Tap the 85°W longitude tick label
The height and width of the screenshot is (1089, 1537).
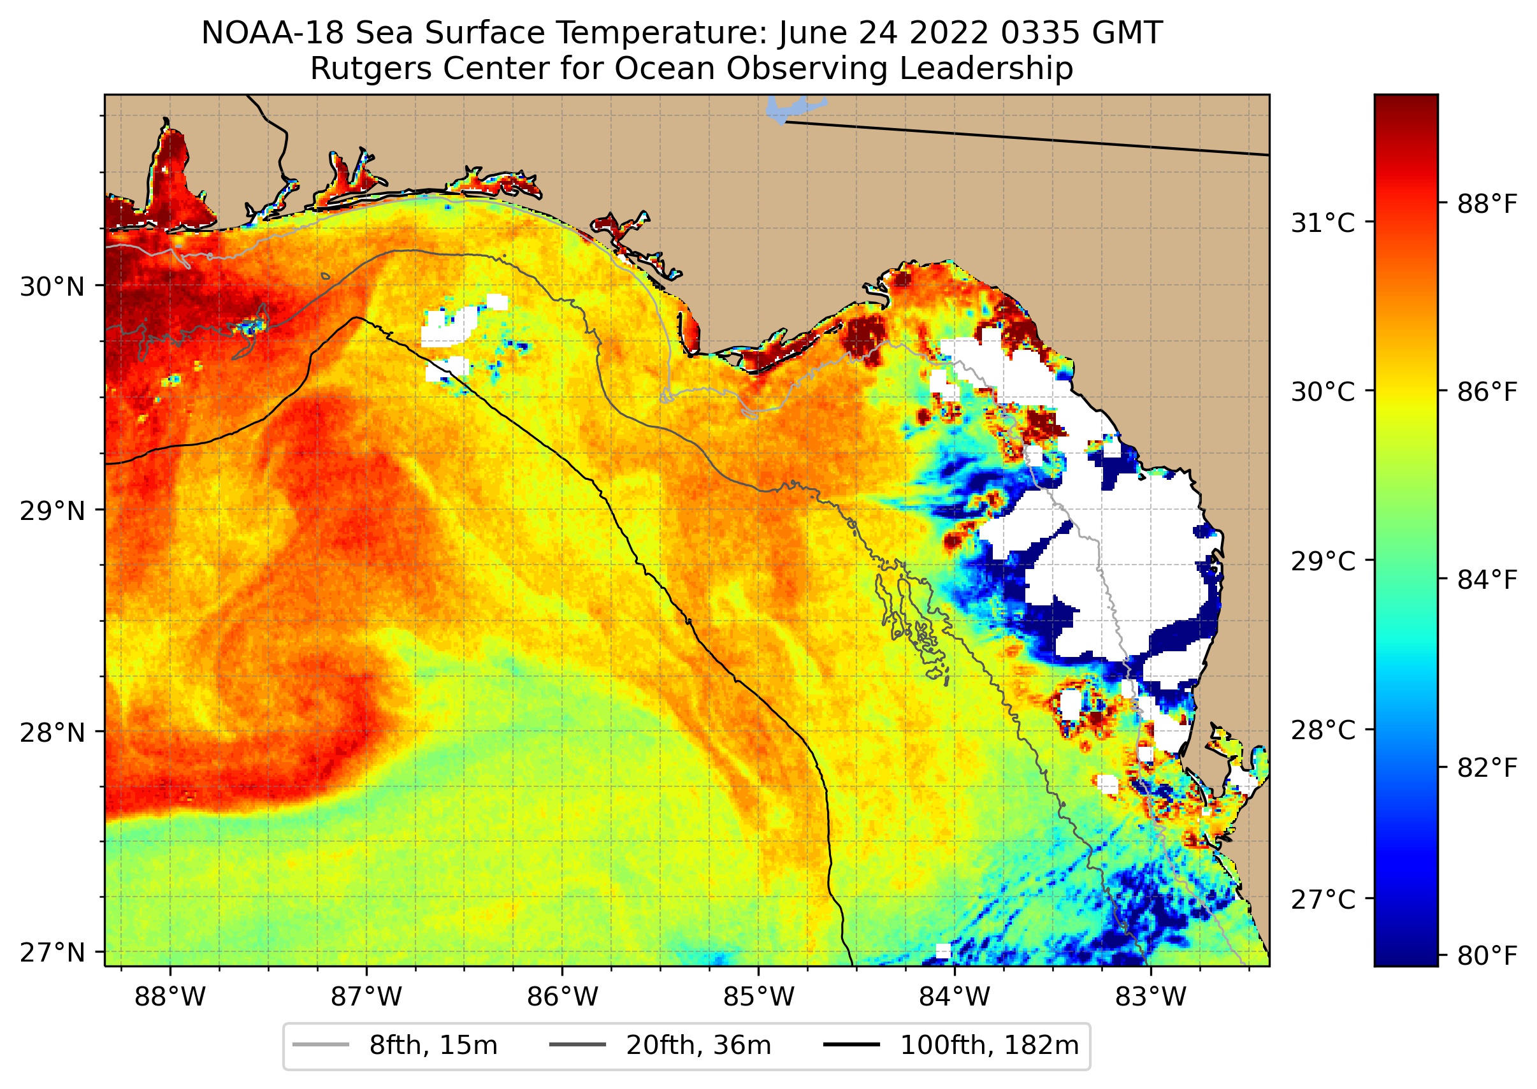click(758, 997)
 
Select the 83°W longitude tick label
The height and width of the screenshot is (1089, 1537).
click(1151, 997)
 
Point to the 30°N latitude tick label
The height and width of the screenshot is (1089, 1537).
click(52, 287)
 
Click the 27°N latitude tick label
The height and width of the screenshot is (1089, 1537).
click(52, 952)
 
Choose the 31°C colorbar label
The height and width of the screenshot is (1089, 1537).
click(1323, 223)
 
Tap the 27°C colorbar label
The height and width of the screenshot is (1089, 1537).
click(1323, 900)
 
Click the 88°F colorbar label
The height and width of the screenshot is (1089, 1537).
click(1487, 204)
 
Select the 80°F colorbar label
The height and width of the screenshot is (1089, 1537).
click(1487, 956)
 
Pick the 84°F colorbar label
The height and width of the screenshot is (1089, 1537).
click(1487, 579)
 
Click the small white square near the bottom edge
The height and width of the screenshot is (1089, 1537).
click(943, 951)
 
